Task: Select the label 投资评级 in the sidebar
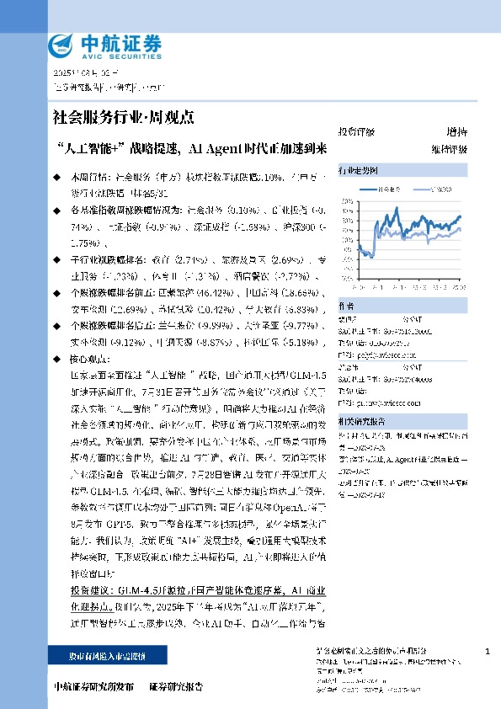pos(356,132)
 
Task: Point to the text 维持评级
pos(451,149)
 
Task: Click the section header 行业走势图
pos(354,169)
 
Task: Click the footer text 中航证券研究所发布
pos(93,685)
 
